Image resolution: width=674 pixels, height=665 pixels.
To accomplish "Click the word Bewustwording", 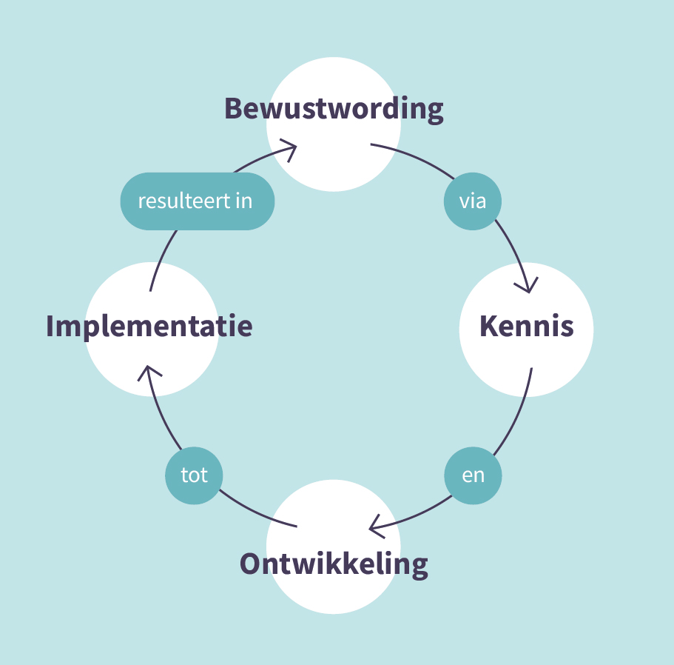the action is click(x=334, y=110).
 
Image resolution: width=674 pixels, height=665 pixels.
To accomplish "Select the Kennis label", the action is click(x=527, y=326).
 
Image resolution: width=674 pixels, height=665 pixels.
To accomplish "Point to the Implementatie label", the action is click(x=149, y=327).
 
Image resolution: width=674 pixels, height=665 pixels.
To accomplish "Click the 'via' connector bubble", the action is click(x=473, y=201).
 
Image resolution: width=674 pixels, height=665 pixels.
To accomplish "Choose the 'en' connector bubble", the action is click(x=473, y=475).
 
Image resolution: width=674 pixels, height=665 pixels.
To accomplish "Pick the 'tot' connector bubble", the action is click(x=194, y=475).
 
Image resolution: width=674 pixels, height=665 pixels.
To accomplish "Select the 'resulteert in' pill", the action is click(x=198, y=201).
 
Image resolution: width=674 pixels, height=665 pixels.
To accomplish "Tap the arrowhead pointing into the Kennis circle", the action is click(x=528, y=286).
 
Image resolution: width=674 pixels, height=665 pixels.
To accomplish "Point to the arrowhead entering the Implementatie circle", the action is click(x=149, y=372).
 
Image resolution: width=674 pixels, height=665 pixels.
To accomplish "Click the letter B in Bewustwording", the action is click(x=235, y=108).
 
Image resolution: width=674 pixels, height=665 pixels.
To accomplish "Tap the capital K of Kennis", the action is click(x=489, y=326).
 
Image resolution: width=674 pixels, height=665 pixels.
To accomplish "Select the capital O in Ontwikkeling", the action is click(x=249, y=564).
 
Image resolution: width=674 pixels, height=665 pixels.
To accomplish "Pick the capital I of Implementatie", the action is click(x=50, y=326).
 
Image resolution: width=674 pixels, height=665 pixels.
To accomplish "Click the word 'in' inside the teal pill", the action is click(x=243, y=201).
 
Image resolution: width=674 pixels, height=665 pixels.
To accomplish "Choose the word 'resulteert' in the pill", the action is click(x=184, y=201).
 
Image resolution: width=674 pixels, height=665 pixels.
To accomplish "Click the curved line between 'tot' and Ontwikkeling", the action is click(x=256, y=512).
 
